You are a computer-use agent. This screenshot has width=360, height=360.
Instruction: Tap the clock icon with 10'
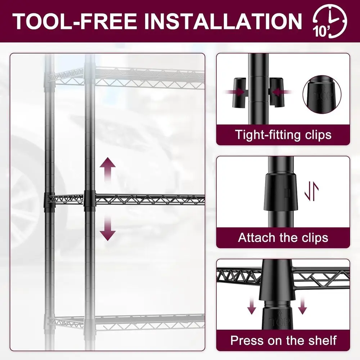(330, 22)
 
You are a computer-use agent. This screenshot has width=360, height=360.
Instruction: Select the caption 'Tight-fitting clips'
(283, 135)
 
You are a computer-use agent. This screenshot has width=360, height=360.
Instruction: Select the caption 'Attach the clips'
(283, 238)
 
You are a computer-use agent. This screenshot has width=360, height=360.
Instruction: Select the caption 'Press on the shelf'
(283, 340)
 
